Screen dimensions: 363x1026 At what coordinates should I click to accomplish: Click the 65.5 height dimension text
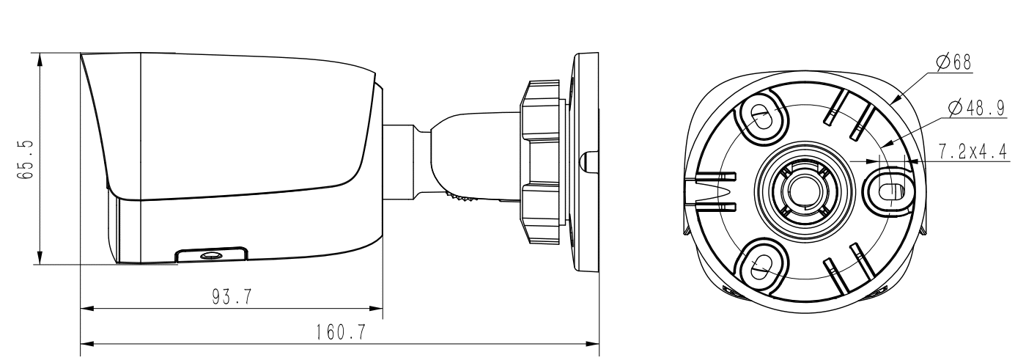pyautogui.click(x=26, y=158)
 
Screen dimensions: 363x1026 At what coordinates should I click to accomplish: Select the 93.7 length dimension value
pyautogui.click(x=232, y=297)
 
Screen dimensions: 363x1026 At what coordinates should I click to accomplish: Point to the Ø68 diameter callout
pyautogui.click(x=954, y=62)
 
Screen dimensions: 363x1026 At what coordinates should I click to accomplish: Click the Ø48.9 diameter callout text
pyautogui.click(x=975, y=108)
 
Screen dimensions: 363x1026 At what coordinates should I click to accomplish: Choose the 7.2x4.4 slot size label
pyautogui.click(x=972, y=150)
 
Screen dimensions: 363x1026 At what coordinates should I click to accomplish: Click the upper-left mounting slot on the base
pyautogui.click(x=760, y=115)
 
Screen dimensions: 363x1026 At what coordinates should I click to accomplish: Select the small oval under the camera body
pyautogui.click(x=211, y=255)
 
